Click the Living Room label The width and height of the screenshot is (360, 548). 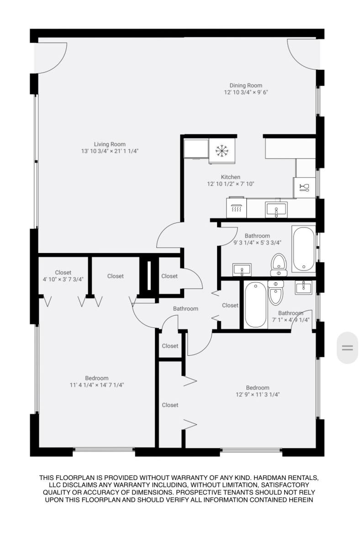[x=110, y=144]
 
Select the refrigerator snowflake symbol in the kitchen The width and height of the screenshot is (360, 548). [x=222, y=151]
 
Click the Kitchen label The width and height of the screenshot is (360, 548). [x=230, y=177]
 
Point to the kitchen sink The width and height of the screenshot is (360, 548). [x=276, y=210]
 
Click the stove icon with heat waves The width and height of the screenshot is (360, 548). [x=236, y=208]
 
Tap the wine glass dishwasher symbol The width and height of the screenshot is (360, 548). [x=304, y=188]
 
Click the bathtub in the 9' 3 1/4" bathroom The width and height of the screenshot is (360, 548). [x=304, y=249]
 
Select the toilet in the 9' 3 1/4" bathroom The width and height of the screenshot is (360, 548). [x=279, y=265]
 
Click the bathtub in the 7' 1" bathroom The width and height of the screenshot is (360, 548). [x=255, y=305]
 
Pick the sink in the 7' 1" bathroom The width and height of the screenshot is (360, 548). [x=303, y=287]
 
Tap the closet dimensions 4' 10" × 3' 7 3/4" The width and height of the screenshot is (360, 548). [x=63, y=279]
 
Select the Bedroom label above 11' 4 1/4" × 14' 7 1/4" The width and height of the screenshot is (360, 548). [x=97, y=378]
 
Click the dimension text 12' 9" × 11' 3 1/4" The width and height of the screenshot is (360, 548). [x=258, y=395]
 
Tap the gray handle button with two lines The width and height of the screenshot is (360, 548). [x=347, y=348]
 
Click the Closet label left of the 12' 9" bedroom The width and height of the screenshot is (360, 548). [x=170, y=405]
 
